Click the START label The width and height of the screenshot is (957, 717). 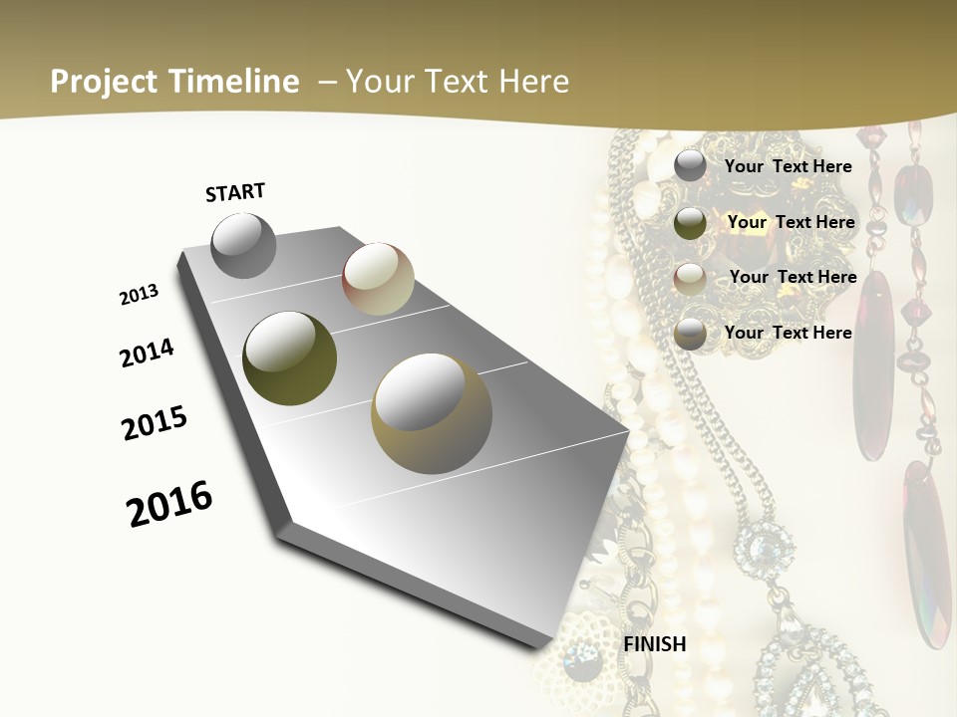[235, 192]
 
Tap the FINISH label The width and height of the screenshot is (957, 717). [655, 644]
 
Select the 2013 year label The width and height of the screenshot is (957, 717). [140, 295]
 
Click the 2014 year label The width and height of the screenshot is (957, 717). [148, 353]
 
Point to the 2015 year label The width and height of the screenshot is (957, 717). [155, 423]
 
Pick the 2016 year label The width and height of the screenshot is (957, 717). [169, 503]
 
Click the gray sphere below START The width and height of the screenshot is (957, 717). [243, 246]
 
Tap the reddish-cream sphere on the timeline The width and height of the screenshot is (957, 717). [378, 279]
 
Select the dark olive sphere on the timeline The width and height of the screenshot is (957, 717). [289, 358]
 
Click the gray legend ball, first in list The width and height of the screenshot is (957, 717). [690, 166]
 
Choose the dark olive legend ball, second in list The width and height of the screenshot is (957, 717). [690, 223]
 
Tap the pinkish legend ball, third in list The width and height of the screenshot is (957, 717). [690, 278]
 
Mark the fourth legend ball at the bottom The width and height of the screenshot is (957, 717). [690, 334]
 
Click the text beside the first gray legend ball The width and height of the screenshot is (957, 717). [788, 166]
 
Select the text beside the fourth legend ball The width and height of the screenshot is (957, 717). [788, 333]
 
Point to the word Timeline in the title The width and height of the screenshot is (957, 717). [235, 82]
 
